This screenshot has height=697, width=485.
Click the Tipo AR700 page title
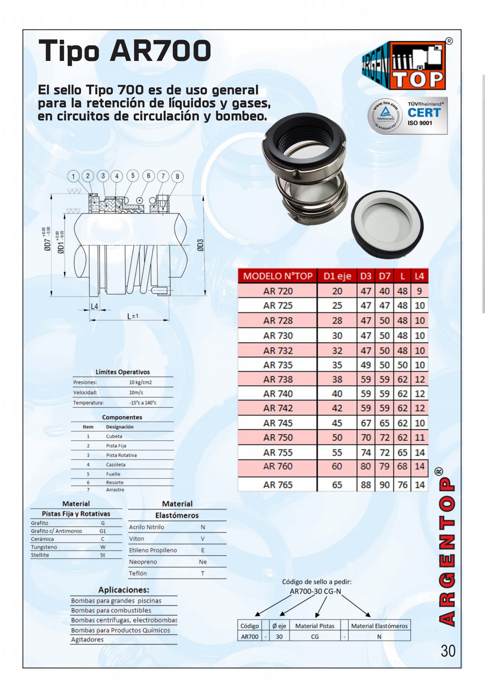click(x=125, y=51)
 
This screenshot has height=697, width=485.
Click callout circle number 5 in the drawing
click(x=133, y=176)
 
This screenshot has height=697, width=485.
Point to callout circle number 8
click(x=177, y=176)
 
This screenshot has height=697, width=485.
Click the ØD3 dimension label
click(x=200, y=245)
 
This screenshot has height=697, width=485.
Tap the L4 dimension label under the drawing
click(x=94, y=306)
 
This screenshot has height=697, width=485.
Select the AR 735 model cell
click(x=277, y=365)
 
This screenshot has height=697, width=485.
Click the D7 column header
click(x=384, y=276)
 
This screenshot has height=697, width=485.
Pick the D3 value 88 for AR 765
click(x=366, y=485)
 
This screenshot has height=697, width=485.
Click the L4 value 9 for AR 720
click(x=419, y=291)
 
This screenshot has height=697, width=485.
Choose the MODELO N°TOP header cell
click(x=277, y=276)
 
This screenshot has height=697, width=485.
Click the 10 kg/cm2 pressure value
click(x=140, y=382)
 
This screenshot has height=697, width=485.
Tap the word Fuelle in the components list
click(x=113, y=474)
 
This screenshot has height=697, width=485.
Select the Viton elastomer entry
click(x=136, y=539)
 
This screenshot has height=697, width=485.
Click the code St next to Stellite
click(x=103, y=555)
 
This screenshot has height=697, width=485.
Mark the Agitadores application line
click(x=87, y=640)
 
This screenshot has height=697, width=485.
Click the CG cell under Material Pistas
click(x=315, y=637)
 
